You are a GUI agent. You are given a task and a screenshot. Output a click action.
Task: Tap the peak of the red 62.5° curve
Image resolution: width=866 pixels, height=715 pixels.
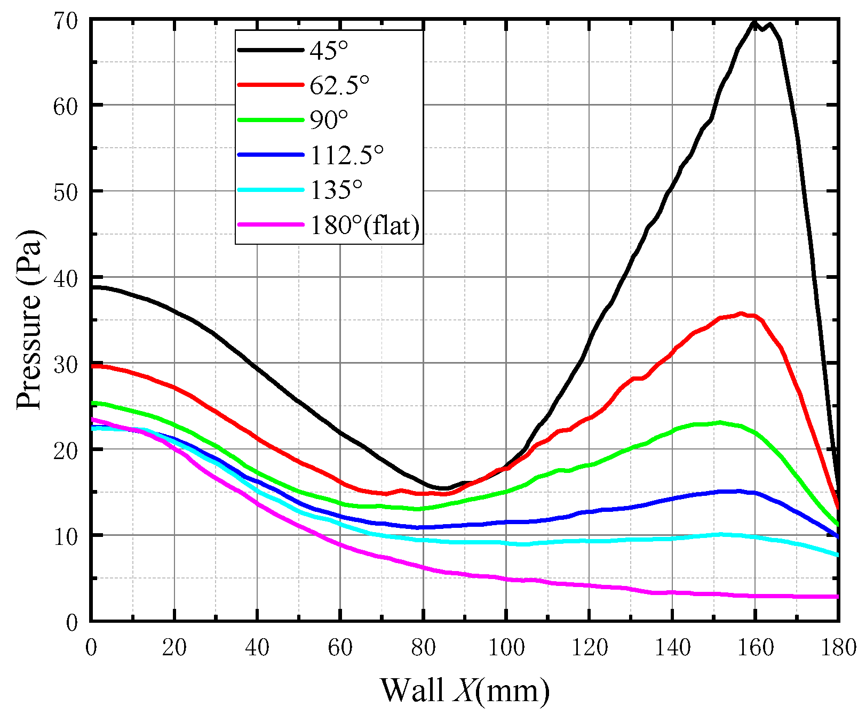click(741, 314)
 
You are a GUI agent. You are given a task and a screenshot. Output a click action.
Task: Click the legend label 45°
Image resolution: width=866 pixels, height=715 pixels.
click(329, 50)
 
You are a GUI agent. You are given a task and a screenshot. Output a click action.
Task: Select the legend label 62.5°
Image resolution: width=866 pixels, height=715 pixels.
click(340, 85)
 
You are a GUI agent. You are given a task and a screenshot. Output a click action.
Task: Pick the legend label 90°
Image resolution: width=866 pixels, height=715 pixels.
click(329, 120)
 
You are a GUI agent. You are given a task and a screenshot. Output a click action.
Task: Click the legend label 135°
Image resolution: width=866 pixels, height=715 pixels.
click(336, 190)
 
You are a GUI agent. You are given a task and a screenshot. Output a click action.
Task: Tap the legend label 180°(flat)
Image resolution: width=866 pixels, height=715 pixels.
click(365, 226)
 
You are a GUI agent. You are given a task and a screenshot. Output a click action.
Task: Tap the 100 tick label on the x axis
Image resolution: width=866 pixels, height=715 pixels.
click(506, 648)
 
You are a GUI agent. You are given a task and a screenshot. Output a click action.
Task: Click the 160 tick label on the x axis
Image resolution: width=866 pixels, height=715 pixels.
click(756, 648)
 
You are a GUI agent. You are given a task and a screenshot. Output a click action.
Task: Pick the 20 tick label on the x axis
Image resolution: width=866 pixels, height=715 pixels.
click(174, 648)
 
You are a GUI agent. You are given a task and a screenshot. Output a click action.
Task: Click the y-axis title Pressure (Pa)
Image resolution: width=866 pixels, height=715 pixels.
click(29, 320)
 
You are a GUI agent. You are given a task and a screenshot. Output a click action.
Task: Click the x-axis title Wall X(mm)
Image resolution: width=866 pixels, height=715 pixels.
click(464, 690)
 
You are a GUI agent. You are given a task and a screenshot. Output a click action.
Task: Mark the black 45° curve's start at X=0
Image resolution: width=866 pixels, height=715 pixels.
click(92, 287)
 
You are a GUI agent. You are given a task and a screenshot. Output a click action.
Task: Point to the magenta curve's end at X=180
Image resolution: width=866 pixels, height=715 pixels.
click(837, 597)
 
